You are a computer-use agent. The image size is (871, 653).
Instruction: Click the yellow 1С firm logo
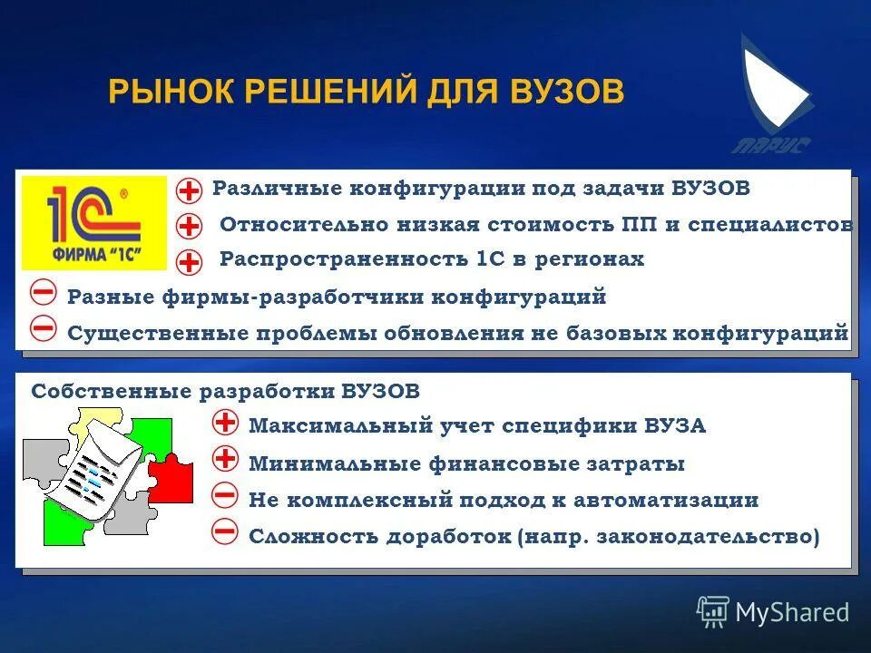[x=94, y=223]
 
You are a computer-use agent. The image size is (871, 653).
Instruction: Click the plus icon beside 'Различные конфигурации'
[x=189, y=190]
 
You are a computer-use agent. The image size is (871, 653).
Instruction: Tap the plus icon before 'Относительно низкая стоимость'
[x=189, y=226]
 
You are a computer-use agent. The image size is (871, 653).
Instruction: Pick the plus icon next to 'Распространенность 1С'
[x=189, y=262]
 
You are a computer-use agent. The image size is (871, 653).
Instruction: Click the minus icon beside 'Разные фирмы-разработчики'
[x=43, y=294]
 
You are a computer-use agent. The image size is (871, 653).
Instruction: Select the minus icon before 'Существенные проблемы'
[x=43, y=329]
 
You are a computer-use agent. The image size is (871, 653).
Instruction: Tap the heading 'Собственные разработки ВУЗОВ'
[x=226, y=392]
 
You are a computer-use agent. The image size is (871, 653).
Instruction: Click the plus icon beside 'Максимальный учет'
[x=224, y=423]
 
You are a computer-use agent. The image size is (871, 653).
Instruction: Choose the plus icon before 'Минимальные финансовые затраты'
[x=224, y=460]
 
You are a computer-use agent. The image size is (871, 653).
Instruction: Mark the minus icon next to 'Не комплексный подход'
[x=224, y=496]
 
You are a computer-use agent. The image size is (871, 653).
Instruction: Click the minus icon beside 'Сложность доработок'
[x=224, y=532]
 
